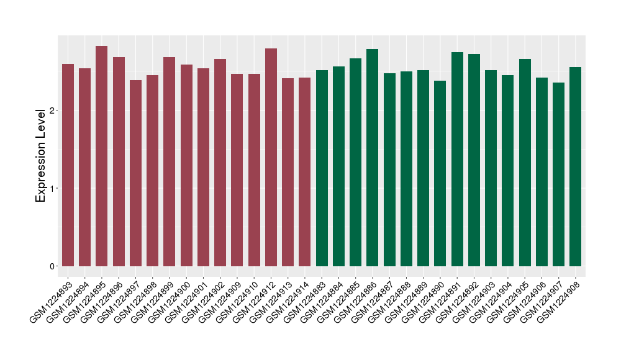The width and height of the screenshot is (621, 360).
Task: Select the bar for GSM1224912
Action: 271,158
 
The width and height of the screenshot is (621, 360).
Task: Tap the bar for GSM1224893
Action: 68,165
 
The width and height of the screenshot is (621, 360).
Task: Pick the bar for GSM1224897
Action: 135,173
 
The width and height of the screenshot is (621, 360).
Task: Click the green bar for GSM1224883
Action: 322,168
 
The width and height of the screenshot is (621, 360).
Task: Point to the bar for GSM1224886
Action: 373,158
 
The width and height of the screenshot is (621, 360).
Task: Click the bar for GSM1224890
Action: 440,174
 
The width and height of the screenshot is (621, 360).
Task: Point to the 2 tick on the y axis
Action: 57,110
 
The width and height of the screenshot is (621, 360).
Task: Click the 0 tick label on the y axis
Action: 52,266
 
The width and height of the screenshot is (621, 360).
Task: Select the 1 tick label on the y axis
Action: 52,189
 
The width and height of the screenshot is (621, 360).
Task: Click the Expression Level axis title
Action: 41,155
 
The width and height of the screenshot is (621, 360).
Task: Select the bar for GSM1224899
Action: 169,162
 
